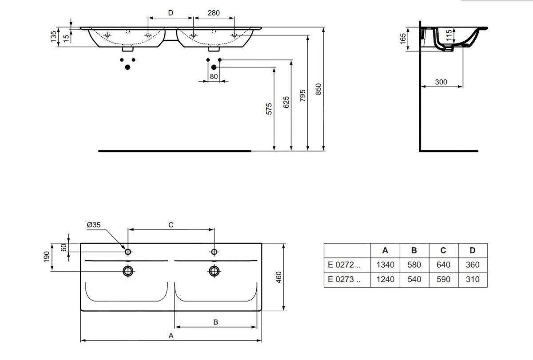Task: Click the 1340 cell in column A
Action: [385, 265]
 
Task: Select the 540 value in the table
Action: [414, 280]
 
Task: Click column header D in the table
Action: [473, 250]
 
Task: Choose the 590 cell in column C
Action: [443, 280]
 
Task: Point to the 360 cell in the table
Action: [473, 265]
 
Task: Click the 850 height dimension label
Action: [318, 89]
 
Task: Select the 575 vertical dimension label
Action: [269, 109]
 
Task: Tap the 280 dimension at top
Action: [214, 13]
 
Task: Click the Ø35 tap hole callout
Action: [94, 225]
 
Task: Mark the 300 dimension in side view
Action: [441, 82]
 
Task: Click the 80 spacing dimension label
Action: [214, 76]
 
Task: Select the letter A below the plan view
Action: [171, 336]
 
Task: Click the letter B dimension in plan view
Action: [215, 322]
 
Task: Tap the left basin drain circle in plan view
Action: [128, 270]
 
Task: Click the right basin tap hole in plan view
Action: [214, 252]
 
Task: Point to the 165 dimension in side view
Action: [403, 39]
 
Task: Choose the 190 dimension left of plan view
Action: [46, 257]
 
